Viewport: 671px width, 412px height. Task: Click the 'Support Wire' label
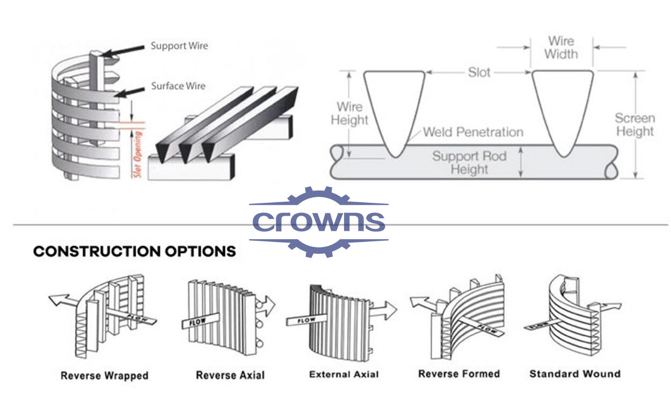[x=179, y=46]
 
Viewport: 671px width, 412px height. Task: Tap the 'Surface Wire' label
[x=178, y=86]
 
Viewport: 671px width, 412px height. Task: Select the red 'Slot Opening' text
[x=137, y=154]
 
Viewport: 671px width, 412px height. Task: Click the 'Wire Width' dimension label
[x=561, y=48]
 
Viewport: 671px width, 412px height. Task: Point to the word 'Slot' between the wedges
[x=479, y=72]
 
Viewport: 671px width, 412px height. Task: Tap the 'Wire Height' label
[x=349, y=113]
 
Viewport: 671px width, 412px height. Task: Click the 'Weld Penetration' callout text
[x=473, y=132]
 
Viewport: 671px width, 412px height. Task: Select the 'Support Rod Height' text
[x=469, y=163]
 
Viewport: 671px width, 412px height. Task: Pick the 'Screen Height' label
[x=634, y=124]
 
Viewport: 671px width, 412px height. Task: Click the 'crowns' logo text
[x=319, y=222]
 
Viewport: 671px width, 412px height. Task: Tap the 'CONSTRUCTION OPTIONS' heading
[x=135, y=251]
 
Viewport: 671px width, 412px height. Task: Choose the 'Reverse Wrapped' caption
[x=104, y=376]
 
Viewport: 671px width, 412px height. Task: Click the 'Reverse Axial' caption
[x=230, y=375]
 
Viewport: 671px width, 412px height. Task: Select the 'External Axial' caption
[x=344, y=374]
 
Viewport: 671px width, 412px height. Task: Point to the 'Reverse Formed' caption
[x=459, y=374]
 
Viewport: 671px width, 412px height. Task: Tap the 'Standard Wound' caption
[x=575, y=374]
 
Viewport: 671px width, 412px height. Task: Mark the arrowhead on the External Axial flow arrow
[x=391, y=311]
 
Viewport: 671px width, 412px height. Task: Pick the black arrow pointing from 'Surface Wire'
[x=129, y=92]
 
